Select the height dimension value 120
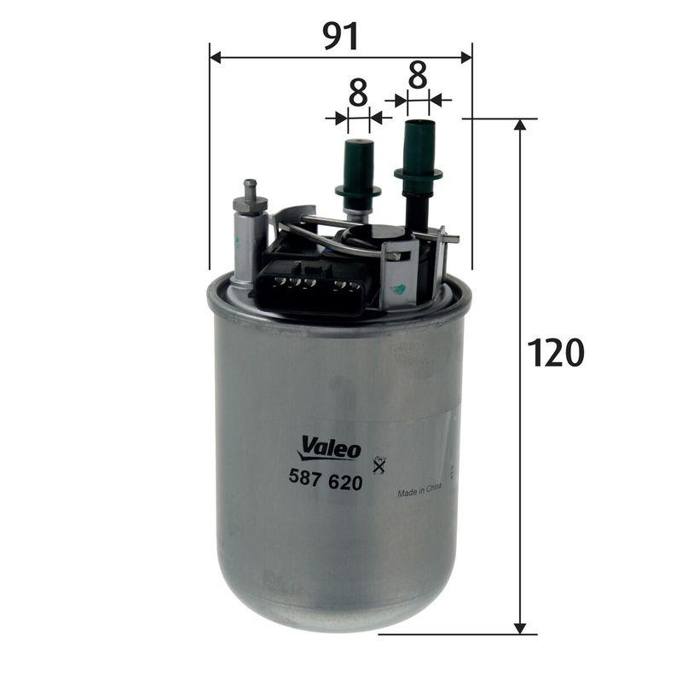555,352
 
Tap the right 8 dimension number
417,75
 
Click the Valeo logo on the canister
331,447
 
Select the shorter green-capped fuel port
358,166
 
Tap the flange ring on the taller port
418,174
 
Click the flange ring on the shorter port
358,190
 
